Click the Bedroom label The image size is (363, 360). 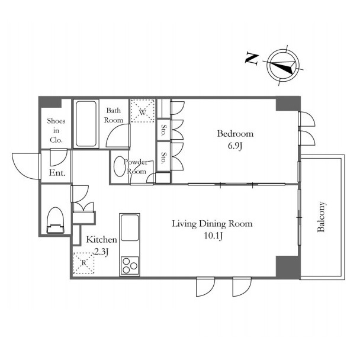235,134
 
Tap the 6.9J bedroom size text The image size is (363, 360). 235,146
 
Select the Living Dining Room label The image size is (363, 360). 212,224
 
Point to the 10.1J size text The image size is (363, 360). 213,236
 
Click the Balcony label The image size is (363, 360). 322,217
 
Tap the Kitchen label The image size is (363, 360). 101,240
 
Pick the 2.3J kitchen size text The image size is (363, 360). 102,252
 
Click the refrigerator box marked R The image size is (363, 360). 83,263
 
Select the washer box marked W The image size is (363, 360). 143,111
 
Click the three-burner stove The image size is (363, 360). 130,266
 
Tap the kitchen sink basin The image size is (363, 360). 130,227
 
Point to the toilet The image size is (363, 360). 55,220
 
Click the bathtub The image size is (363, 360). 86,124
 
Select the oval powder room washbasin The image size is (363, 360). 120,167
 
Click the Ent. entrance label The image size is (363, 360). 57,173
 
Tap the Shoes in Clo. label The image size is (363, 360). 56,130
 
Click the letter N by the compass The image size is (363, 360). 252,59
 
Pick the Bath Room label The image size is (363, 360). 114,115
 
